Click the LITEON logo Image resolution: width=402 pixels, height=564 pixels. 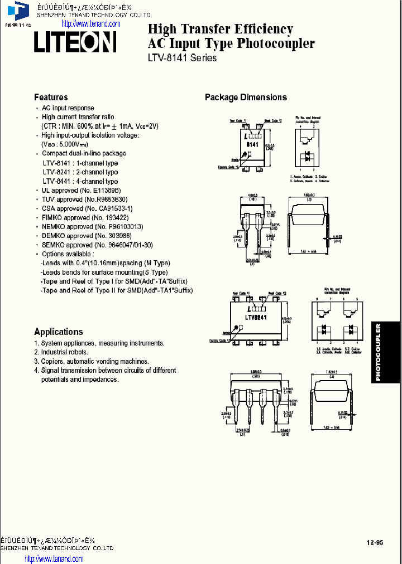click(x=75, y=42)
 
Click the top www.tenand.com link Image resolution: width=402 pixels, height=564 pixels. click(x=90, y=23)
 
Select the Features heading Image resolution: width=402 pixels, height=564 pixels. click(x=51, y=97)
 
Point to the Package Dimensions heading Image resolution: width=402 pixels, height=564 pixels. click(x=246, y=97)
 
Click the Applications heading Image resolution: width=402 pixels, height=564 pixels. click(x=59, y=332)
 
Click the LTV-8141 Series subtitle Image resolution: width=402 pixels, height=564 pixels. click(x=182, y=57)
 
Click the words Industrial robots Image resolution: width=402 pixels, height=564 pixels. click(x=65, y=352)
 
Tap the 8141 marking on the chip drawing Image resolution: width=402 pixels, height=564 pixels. click(x=252, y=145)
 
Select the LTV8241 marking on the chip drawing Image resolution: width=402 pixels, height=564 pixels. click(x=256, y=317)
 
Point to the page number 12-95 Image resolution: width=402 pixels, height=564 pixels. click(x=375, y=542)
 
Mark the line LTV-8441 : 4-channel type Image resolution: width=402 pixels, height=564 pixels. click(x=80, y=181)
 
